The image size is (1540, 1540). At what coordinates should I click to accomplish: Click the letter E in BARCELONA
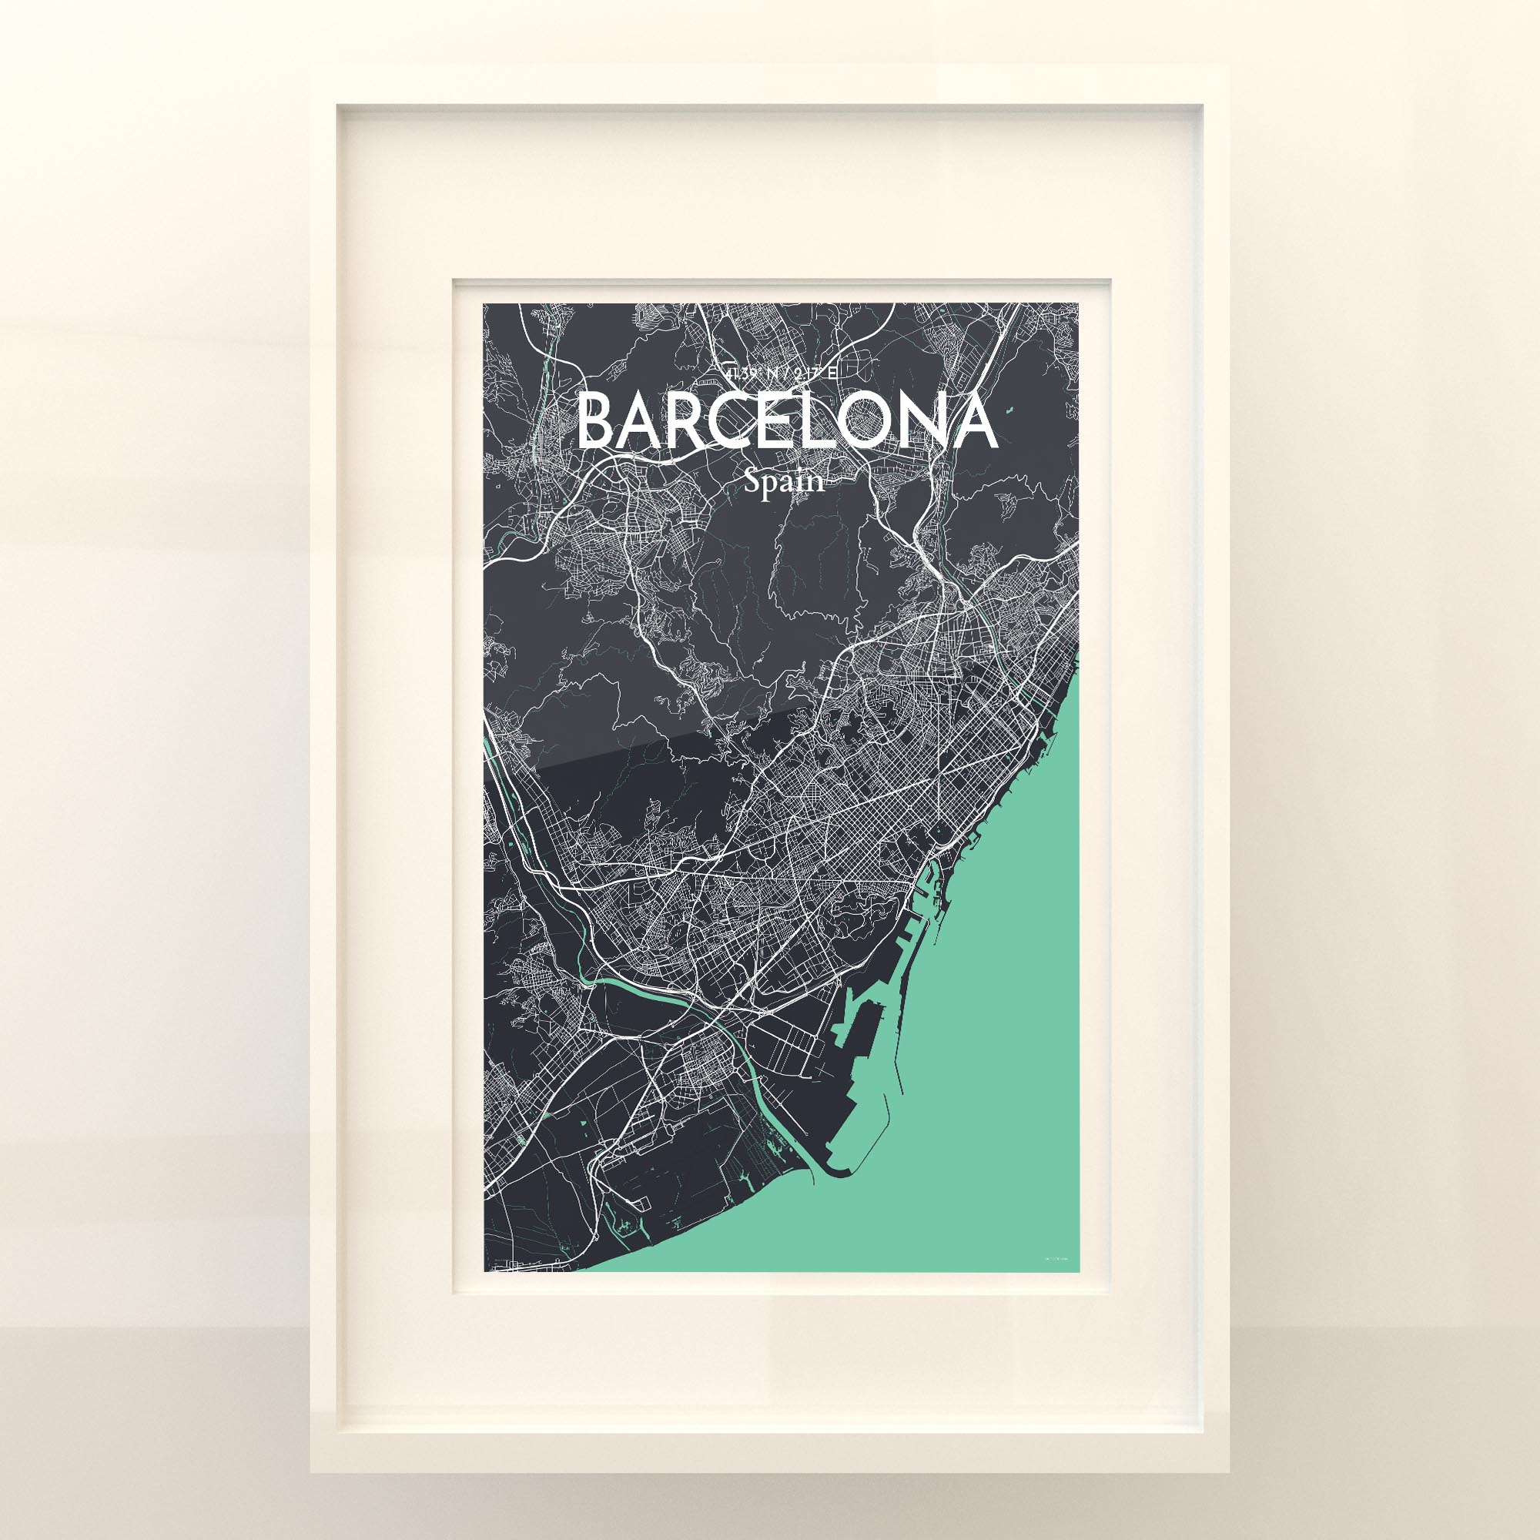tap(777, 422)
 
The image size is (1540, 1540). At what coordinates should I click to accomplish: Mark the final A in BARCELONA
tap(973, 422)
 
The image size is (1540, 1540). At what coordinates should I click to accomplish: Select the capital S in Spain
tap(753, 480)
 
